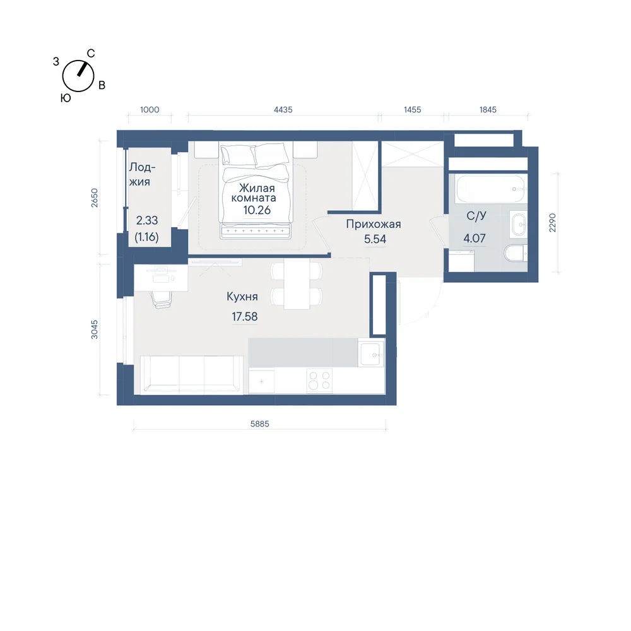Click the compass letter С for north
point(91,54)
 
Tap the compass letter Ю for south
point(66,98)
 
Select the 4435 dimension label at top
point(283,109)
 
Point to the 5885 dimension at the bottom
point(259,424)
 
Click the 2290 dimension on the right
point(553,223)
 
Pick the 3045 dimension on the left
point(94,329)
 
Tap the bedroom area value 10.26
point(257,210)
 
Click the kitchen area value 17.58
point(244,317)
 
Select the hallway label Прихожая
point(374,224)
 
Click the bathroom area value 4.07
point(475,239)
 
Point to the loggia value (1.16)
point(146,237)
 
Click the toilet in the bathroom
point(516,253)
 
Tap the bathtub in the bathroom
point(491,189)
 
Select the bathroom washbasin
point(518,224)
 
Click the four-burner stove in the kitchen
point(319,380)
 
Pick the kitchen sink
point(372,354)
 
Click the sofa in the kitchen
point(191,374)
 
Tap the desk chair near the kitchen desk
point(162,299)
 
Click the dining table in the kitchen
point(297,284)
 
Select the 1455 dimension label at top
point(413,109)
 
